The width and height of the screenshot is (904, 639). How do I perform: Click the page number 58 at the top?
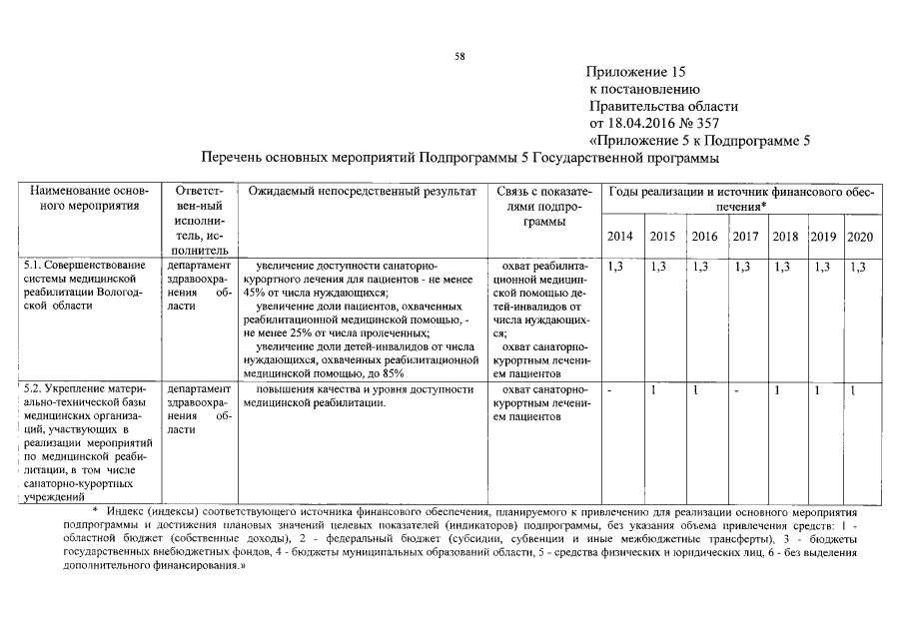(460, 56)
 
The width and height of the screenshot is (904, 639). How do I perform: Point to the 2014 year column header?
(619, 237)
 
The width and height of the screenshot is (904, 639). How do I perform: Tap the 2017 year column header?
(744, 237)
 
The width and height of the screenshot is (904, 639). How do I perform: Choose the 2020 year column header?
(859, 237)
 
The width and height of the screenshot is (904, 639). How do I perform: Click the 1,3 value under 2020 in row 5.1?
(857, 267)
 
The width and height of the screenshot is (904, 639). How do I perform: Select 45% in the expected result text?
(252, 294)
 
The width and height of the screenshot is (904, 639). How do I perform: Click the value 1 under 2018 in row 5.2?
(776, 390)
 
